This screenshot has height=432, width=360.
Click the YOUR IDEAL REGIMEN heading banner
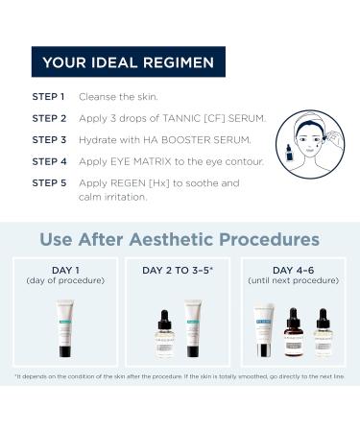pos(128,64)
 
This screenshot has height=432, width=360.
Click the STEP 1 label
pos(49,97)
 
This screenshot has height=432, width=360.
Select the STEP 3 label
pos(49,139)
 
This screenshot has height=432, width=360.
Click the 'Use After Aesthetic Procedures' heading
pos(180,237)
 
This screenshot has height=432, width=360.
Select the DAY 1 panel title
pos(66,270)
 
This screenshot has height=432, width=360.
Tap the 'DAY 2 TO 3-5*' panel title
pos(180,270)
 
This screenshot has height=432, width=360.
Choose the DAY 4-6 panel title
pos(293,270)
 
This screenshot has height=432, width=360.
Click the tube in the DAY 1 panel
pos(65,326)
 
